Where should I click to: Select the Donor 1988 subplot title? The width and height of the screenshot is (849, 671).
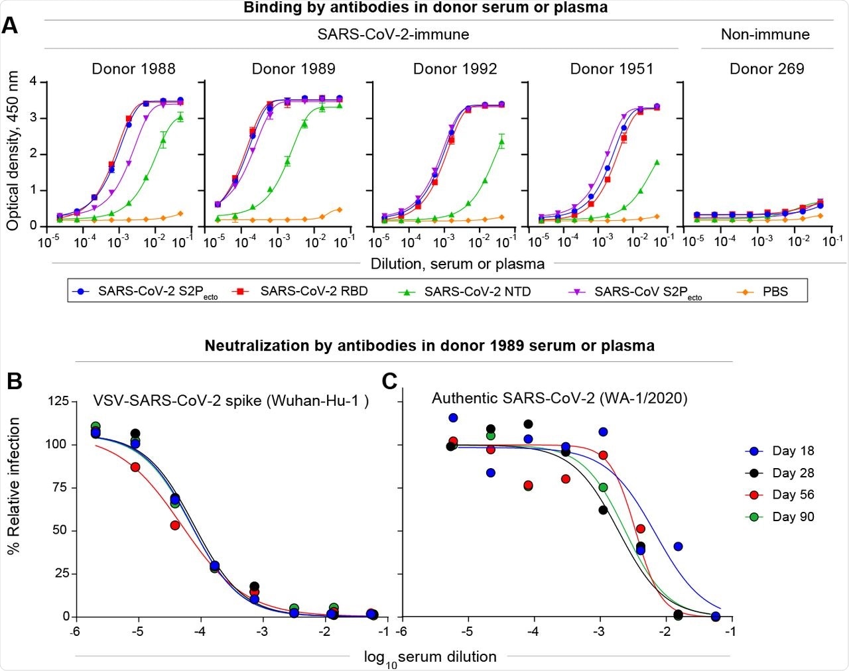[x=133, y=69]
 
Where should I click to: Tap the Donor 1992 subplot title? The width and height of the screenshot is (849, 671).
[x=454, y=69]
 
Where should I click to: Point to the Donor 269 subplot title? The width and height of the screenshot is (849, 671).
[x=767, y=69]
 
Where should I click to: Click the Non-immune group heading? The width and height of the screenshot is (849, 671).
[x=765, y=34]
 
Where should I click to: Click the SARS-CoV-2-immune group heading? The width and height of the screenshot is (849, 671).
[x=393, y=34]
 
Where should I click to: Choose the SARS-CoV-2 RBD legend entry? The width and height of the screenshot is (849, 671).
[x=314, y=291]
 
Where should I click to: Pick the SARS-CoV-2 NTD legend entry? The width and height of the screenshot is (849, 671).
[x=478, y=291]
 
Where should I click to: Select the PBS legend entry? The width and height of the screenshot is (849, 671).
[x=775, y=291]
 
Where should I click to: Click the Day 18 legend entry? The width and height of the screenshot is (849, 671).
[x=793, y=451]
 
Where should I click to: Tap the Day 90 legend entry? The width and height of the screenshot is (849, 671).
[x=793, y=517]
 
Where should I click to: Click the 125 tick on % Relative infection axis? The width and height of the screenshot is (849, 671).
[x=57, y=401]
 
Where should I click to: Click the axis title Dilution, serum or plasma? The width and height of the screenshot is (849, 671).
[x=457, y=264]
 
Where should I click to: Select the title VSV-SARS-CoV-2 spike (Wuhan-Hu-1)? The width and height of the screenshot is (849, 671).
[x=231, y=401]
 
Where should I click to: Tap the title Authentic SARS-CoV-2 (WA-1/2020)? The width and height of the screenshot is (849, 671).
[x=559, y=398]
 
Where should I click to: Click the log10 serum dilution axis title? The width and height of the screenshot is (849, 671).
[x=430, y=657]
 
